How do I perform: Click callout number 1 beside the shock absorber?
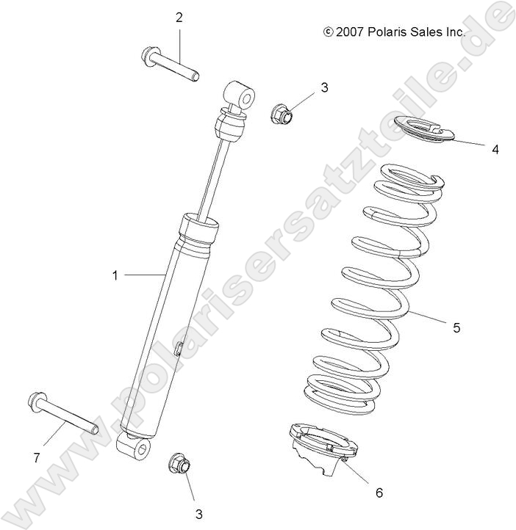click(115, 275)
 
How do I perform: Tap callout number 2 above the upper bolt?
click(179, 18)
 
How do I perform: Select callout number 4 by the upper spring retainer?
click(495, 149)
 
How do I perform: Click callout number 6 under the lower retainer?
click(379, 493)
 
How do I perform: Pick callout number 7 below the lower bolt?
click(36, 458)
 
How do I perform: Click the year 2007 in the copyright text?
click(351, 32)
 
